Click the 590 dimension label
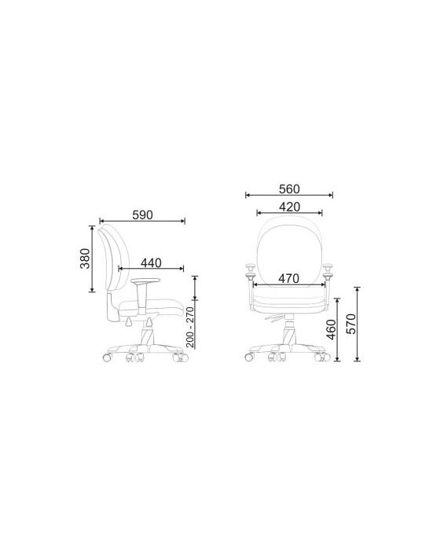142,214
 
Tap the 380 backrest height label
85,258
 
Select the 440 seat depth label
151,262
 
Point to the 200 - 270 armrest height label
190,327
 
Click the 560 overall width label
289,189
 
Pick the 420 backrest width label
289,207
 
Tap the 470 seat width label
289,278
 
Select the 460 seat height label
332,329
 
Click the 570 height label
351,324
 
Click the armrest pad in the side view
145,280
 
